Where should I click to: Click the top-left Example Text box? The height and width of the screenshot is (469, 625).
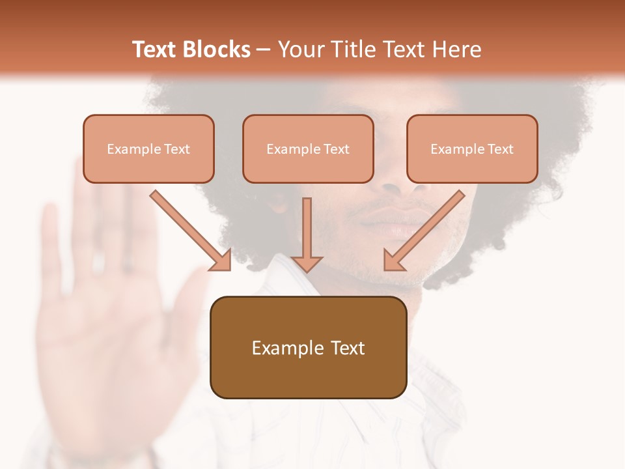148,149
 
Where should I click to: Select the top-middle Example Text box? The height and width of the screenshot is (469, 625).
308,149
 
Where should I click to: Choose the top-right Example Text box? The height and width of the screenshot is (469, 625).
472,149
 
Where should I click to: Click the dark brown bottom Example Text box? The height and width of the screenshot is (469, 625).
308,348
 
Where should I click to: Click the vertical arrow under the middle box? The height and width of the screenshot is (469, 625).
307,228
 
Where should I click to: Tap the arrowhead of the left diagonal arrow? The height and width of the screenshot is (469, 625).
221,261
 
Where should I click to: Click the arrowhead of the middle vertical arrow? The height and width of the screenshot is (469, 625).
307,263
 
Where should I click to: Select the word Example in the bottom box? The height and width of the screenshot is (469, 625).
279,348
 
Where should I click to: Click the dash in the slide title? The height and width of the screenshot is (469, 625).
264,50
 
